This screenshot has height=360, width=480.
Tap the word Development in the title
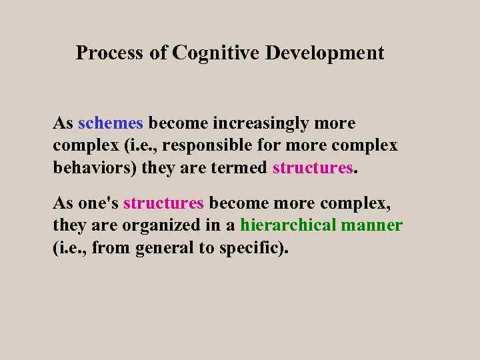[x=325, y=53]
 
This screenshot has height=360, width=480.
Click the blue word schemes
[x=111, y=123]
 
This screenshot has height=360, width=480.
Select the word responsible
[x=203, y=145]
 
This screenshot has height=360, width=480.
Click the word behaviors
[x=94, y=167]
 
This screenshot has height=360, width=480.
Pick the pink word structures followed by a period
[x=312, y=167]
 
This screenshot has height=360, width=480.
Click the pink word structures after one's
[x=163, y=203]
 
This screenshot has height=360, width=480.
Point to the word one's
[x=98, y=203]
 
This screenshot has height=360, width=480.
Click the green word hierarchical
[x=288, y=225]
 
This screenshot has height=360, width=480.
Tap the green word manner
[x=372, y=225]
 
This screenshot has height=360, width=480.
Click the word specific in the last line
[x=246, y=248]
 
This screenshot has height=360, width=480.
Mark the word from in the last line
[x=112, y=248]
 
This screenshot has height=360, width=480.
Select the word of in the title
[x=158, y=53]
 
